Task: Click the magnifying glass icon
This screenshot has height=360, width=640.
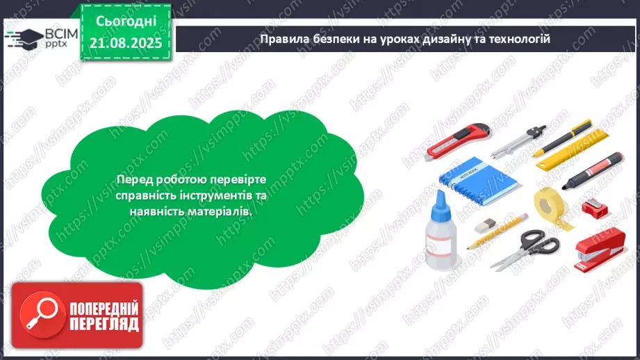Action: pos(36,313)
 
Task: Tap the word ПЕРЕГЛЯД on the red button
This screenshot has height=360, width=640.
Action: pos(104,324)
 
